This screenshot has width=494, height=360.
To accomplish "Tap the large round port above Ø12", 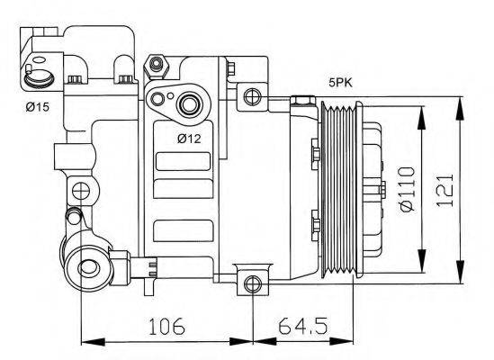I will tap(190, 106).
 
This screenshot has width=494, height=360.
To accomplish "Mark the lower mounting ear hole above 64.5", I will tap(251, 284).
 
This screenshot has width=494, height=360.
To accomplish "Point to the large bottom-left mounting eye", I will tap(89, 266).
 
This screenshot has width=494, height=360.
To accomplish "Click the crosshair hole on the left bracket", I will tap(81, 191).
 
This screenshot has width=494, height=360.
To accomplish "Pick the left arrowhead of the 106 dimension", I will tap(87, 341).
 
